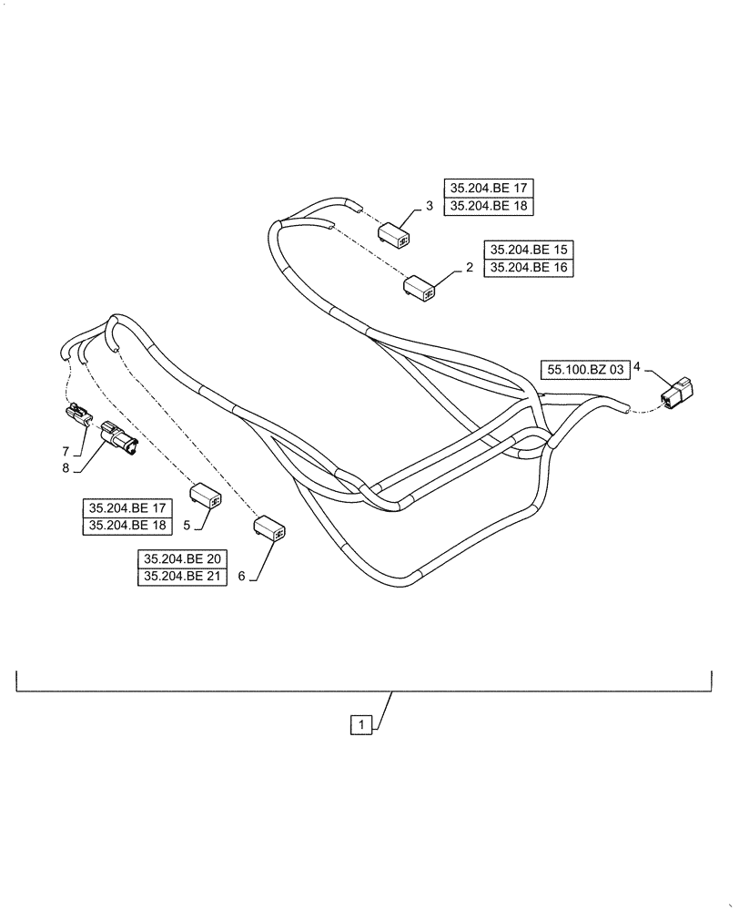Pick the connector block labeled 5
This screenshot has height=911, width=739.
(x=206, y=496)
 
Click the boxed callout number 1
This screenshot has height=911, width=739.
(x=361, y=725)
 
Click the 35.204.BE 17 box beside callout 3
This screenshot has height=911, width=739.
(x=489, y=189)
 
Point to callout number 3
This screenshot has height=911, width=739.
(x=428, y=207)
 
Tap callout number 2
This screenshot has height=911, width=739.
(x=469, y=268)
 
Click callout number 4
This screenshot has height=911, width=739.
(x=638, y=367)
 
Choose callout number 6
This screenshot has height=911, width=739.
(x=241, y=577)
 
